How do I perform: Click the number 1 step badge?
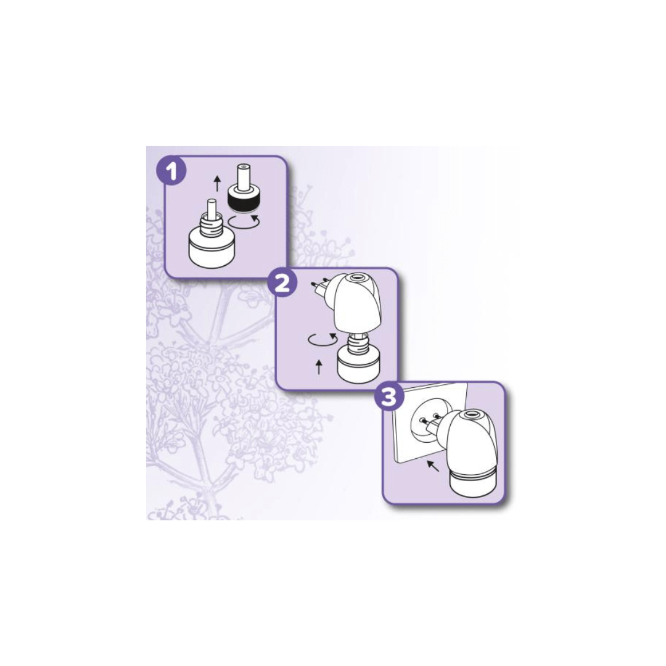click(171, 171)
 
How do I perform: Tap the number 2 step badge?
click(282, 283)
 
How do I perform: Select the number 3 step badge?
click(389, 397)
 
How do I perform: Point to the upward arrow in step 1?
click(218, 185)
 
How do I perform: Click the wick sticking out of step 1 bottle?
click(211, 209)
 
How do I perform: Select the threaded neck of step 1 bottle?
click(210, 223)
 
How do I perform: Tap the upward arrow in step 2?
click(319, 366)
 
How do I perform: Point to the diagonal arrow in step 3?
click(433, 466)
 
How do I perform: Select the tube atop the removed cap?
click(243, 175)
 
